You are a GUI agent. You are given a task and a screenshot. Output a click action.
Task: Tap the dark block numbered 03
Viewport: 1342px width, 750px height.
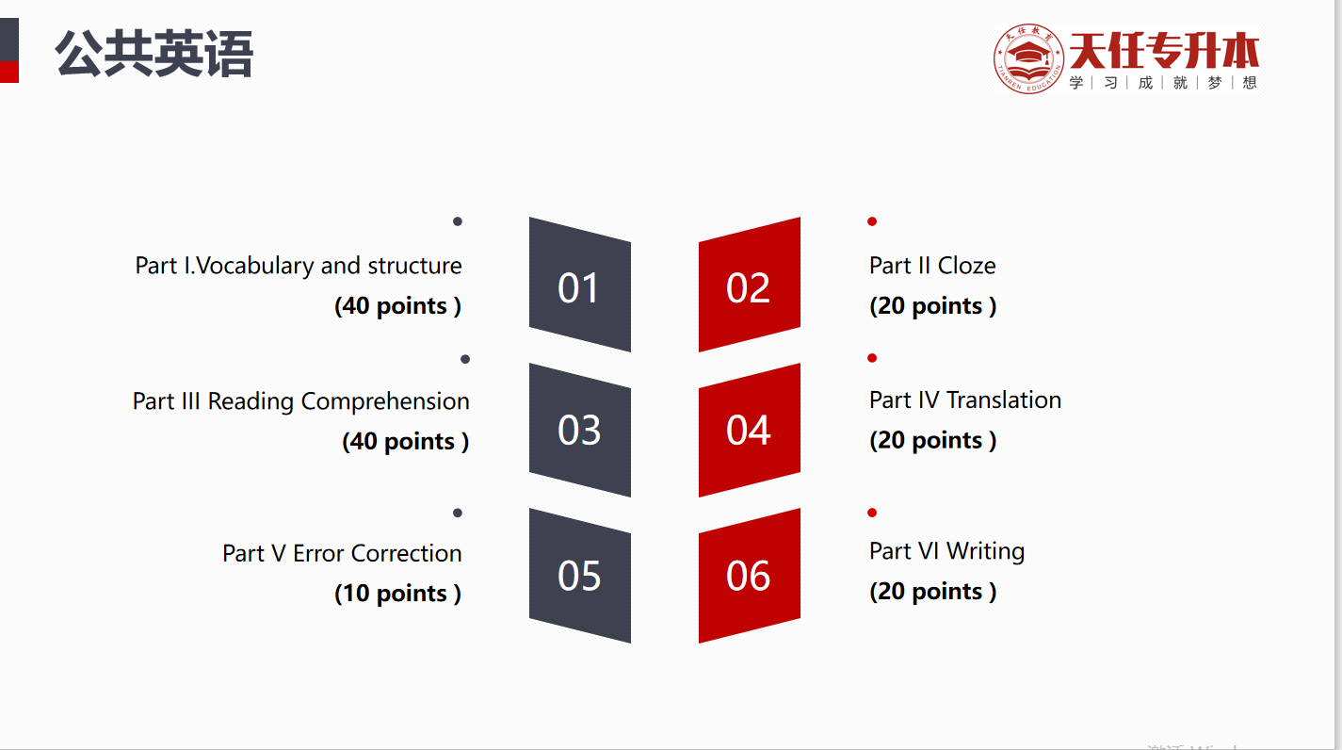click(x=579, y=430)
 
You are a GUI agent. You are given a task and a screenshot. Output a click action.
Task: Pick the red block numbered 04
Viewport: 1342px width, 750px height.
click(x=750, y=430)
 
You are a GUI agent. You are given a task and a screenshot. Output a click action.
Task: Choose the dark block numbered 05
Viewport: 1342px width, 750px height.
click(x=579, y=576)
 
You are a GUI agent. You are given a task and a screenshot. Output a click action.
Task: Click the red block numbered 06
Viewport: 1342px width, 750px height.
click(x=750, y=576)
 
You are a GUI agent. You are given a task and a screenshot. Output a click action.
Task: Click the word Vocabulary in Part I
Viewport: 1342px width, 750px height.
click(x=254, y=267)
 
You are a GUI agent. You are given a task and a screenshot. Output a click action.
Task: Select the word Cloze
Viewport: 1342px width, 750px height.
click(x=966, y=266)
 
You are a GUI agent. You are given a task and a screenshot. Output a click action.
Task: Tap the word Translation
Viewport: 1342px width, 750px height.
click(x=1004, y=399)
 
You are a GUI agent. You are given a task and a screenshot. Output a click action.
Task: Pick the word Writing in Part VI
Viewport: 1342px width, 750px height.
click(x=985, y=552)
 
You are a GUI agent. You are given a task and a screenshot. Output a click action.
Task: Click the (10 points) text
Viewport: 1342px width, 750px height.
click(x=397, y=594)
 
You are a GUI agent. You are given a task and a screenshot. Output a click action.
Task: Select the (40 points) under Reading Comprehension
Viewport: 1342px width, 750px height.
click(x=406, y=442)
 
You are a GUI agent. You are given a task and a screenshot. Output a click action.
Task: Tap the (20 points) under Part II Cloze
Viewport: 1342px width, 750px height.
click(x=933, y=306)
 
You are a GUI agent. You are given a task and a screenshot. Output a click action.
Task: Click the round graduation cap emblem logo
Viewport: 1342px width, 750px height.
click(x=1028, y=58)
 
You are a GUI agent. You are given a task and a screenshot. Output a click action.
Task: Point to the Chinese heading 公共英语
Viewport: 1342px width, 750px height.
click(x=154, y=54)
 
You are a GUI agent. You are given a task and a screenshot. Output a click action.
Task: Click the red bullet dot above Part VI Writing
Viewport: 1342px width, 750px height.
click(x=872, y=513)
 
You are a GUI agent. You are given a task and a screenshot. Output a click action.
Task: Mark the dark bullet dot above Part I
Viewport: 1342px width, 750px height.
click(x=458, y=221)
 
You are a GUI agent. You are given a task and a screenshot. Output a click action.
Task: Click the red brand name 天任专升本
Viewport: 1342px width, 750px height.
click(x=1164, y=51)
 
